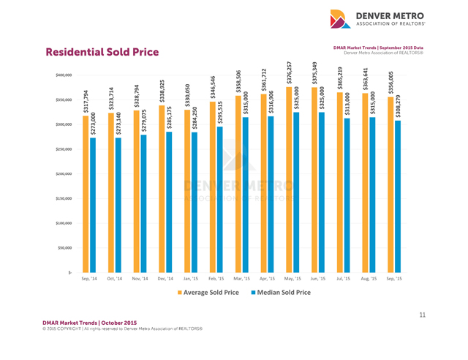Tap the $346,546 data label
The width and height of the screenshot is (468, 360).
point(213,88)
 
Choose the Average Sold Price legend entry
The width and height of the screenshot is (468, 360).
point(206,292)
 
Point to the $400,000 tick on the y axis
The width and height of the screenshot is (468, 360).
point(64,75)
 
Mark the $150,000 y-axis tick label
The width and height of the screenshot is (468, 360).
point(64,198)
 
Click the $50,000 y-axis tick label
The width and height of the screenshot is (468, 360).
point(66,247)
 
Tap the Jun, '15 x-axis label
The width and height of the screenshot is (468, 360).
point(317,279)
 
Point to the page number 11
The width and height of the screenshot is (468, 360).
point(423,315)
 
